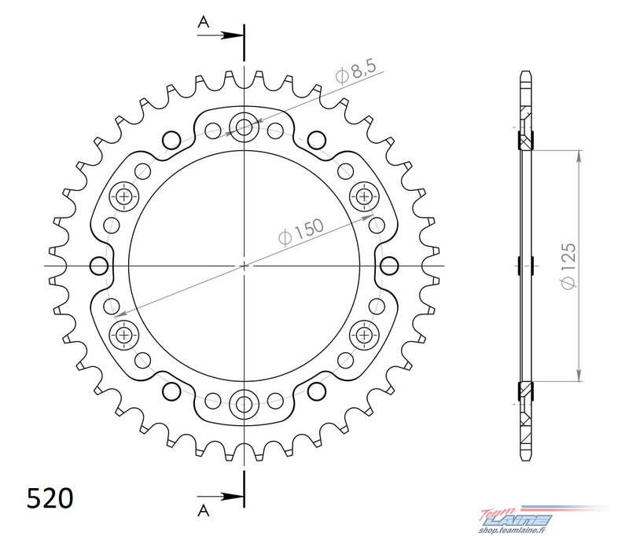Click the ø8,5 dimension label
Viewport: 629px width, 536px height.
[x=356, y=72]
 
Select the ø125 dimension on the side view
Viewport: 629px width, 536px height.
[x=568, y=266]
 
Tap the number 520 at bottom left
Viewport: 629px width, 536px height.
[x=50, y=498]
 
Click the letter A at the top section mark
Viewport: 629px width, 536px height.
[x=204, y=22]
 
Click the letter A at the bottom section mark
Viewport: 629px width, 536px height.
[x=204, y=510]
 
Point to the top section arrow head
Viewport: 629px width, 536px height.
[x=234, y=35]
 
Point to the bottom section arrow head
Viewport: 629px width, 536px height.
[x=234, y=497]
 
